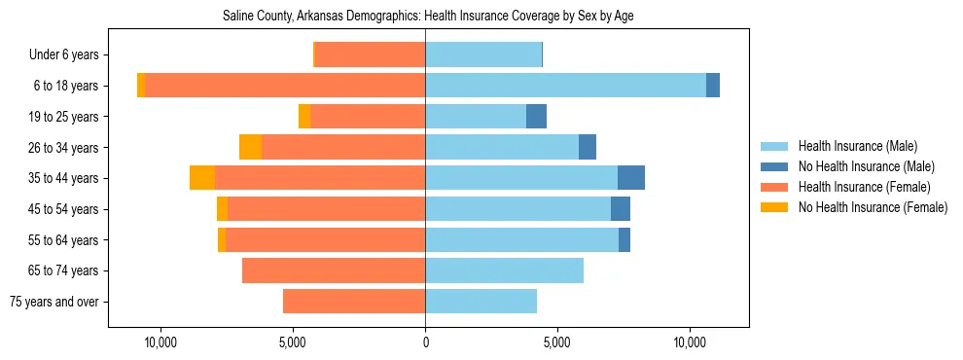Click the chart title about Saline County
(428, 17)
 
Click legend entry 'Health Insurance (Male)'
(857, 146)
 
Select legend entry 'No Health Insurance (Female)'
(873, 207)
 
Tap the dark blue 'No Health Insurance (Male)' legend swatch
(775, 166)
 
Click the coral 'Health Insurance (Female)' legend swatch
(775, 187)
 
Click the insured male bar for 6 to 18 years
(565, 86)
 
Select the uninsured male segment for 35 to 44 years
(631, 178)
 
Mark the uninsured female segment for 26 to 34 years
(250, 147)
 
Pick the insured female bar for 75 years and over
(354, 302)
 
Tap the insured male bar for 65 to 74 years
(504, 270)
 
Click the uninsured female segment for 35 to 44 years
(202, 178)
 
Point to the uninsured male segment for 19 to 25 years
(536, 117)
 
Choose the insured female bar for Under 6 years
(370, 55)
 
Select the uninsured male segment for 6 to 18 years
(713, 86)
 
